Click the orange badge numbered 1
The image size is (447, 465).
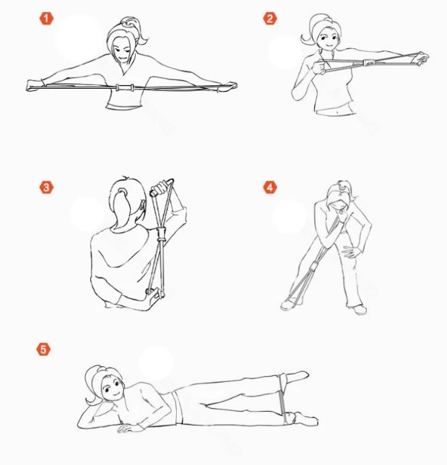[46, 18]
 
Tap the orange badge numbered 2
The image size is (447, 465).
[270, 18]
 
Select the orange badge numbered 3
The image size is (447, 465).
[46, 188]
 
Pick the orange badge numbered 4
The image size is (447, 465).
[270, 188]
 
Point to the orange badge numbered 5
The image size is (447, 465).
[43, 349]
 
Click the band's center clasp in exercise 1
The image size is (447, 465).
[125, 88]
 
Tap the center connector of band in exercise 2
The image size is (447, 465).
[369, 63]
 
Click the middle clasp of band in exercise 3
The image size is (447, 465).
[162, 234]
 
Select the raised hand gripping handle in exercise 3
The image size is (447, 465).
[160, 188]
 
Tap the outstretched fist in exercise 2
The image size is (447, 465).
[422, 58]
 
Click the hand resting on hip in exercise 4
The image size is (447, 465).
[351, 251]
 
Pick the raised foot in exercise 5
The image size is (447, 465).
[298, 375]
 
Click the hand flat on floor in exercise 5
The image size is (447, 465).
[129, 427]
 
